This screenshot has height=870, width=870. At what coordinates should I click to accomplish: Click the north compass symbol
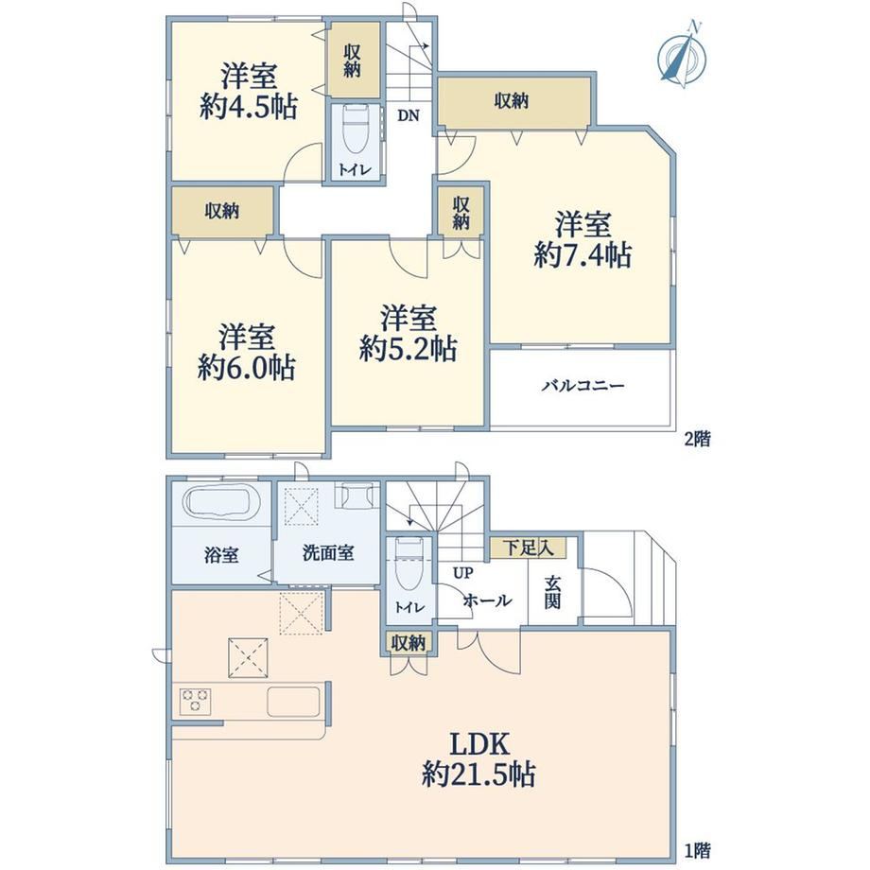click(682, 56)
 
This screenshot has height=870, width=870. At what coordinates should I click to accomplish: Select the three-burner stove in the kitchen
click(195, 701)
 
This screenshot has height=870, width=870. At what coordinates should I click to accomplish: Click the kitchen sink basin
click(293, 702)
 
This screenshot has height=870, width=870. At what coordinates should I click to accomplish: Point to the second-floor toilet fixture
click(356, 130)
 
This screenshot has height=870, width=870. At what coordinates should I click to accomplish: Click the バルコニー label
click(583, 386)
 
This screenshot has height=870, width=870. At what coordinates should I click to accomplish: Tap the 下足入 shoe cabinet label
click(528, 548)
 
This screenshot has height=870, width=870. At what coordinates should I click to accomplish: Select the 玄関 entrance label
click(552, 593)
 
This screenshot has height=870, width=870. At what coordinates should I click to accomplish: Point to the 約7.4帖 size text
click(583, 255)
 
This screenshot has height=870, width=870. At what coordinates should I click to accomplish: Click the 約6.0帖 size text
click(247, 367)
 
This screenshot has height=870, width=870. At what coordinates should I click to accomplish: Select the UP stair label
click(463, 573)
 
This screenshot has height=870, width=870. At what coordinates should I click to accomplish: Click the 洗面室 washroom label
click(328, 552)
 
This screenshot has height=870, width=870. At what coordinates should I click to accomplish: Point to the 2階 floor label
click(698, 440)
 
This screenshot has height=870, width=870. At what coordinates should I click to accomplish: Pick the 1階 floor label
click(698, 850)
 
